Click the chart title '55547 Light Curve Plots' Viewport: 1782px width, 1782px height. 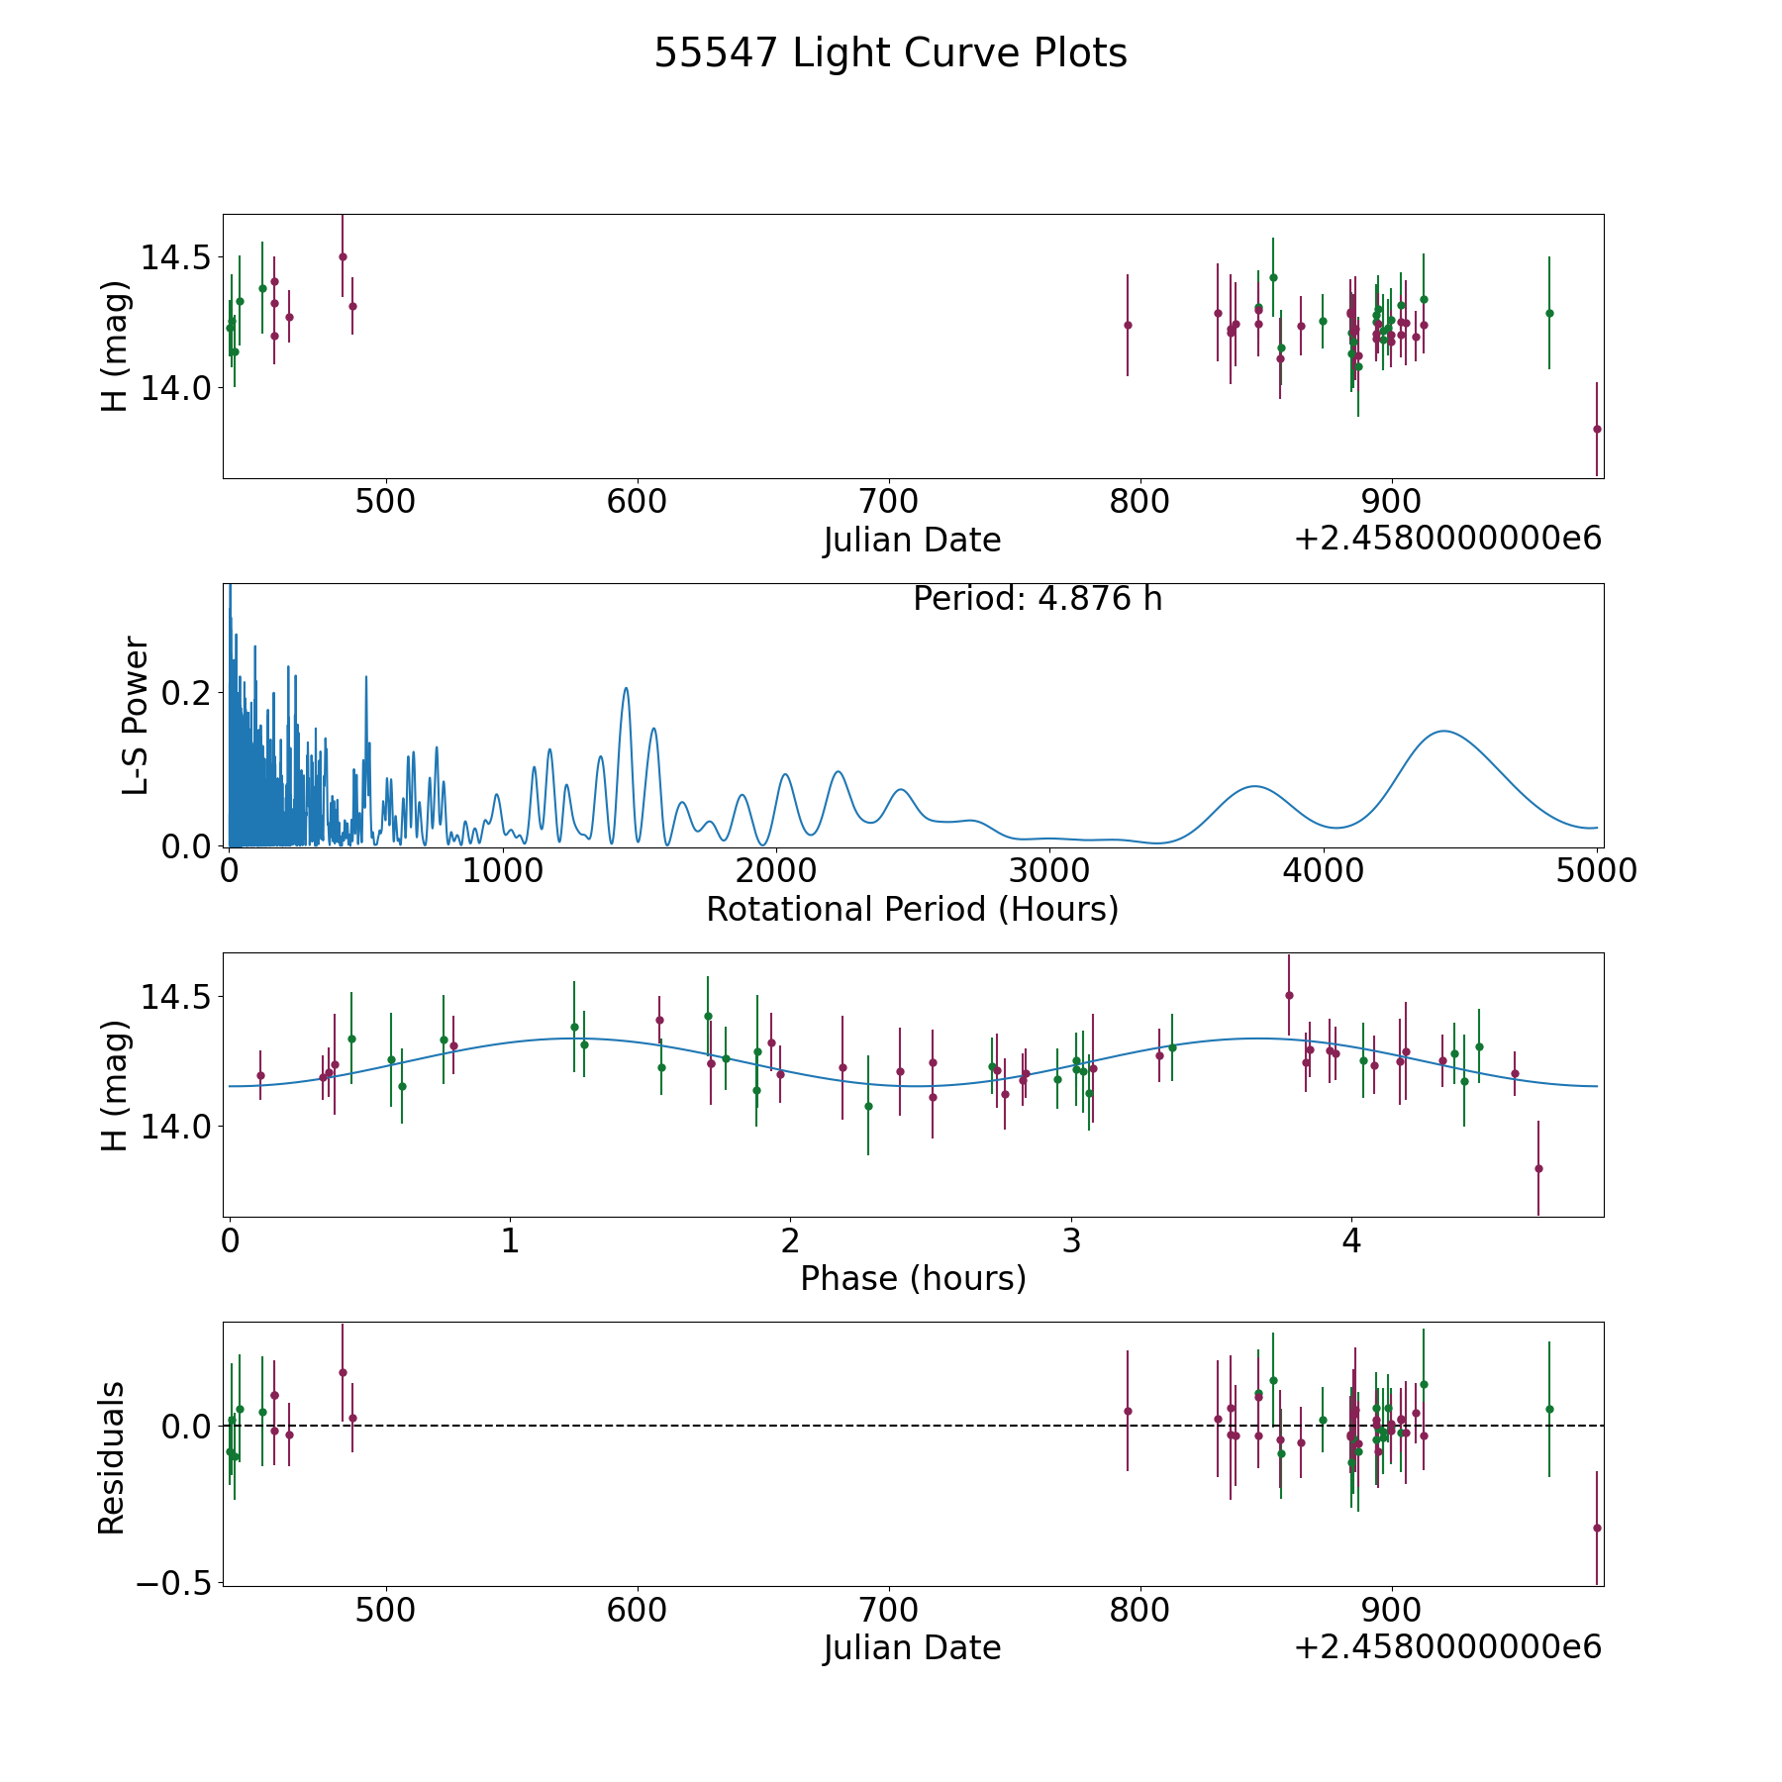(890, 53)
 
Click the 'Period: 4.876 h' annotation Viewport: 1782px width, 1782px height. (1038, 599)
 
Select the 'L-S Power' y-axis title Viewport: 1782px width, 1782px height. (137, 716)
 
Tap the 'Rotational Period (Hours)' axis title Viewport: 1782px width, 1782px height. (912, 910)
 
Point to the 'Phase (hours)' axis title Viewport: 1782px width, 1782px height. (913, 1279)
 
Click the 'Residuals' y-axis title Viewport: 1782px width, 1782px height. (112, 1458)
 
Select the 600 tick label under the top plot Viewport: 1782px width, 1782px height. (637, 502)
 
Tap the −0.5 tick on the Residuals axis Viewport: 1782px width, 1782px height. (174, 1584)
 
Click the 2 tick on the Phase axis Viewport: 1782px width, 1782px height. (790, 1240)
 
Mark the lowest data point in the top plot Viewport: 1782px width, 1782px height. (1597, 429)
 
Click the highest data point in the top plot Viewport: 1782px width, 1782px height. (343, 256)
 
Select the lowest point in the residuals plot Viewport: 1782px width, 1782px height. (1597, 1528)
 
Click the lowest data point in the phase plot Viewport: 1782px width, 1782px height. (1538, 1168)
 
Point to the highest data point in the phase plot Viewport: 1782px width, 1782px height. (1289, 995)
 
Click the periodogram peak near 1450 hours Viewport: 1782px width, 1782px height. (626, 688)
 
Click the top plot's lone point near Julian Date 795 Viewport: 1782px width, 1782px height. (1128, 325)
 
